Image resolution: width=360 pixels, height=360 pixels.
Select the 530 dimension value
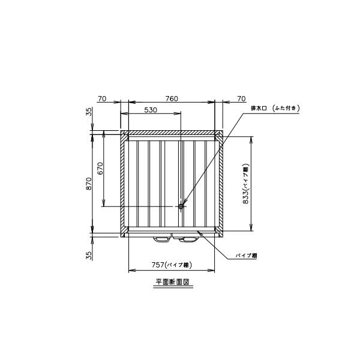click(x=151, y=110)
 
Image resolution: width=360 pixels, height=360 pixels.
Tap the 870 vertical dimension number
click(x=88, y=183)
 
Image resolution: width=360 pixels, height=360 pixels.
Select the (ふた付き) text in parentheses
click(x=285, y=108)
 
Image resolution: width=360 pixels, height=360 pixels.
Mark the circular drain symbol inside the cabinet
click(x=181, y=206)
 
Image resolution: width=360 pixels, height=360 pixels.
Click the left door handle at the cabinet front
click(x=162, y=239)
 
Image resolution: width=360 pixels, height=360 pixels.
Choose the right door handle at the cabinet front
click(x=187, y=239)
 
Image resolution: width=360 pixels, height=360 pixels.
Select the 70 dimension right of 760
click(x=241, y=98)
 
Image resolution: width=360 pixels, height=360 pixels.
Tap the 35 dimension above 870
click(x=88, y=112)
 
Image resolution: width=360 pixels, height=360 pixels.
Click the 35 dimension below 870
click(x=88, y=255)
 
